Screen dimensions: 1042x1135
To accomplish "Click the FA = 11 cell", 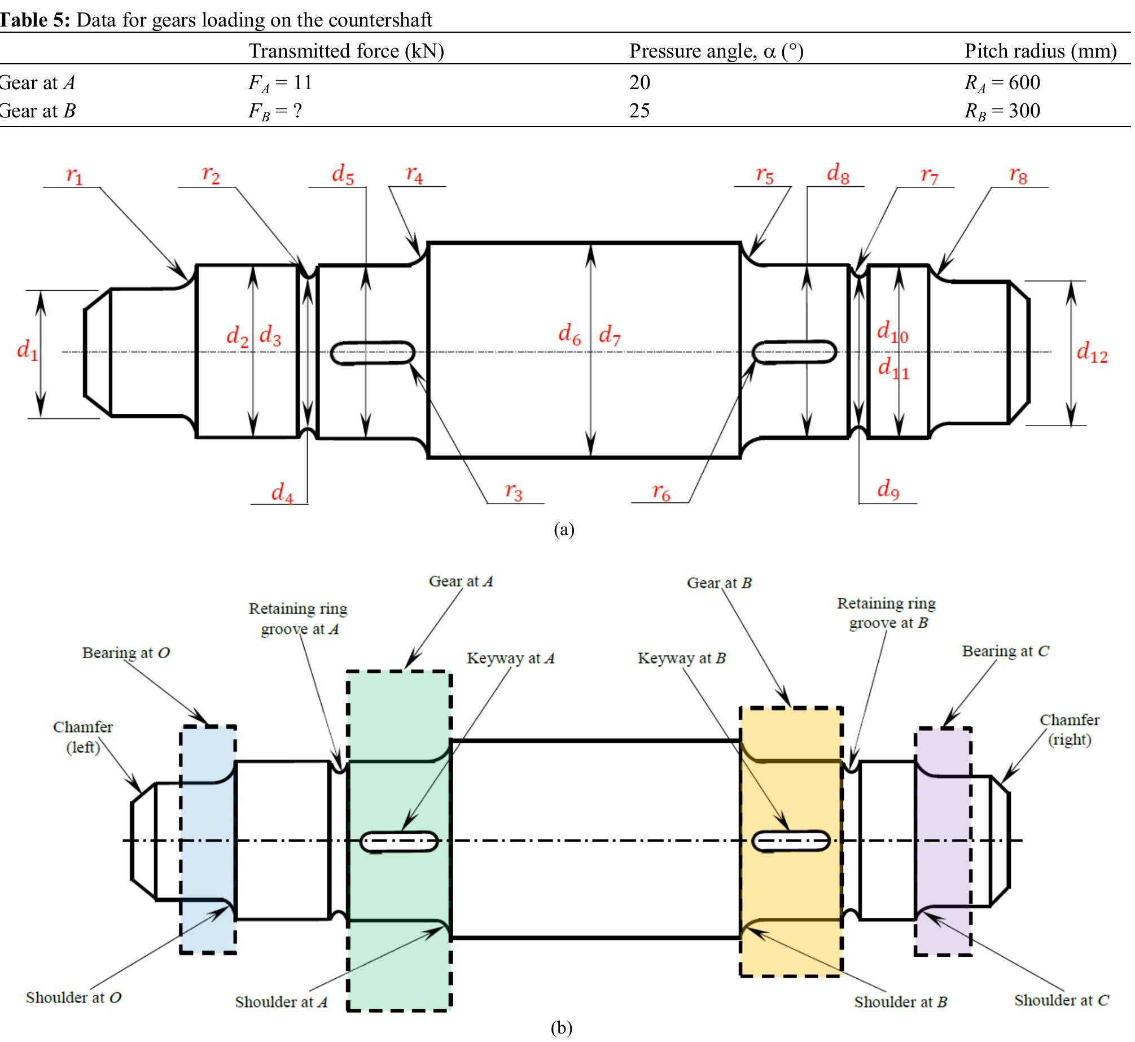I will pos(280,83).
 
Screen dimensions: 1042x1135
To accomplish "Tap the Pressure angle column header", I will pos(716,51).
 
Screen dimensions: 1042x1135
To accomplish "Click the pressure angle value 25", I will pos(639,111).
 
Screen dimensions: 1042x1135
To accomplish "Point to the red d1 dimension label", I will pos(28,351).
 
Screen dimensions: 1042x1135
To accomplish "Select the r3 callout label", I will pos(514,492).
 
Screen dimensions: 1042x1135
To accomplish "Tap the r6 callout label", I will pos(661,493).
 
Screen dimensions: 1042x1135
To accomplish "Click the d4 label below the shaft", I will pos(282,493).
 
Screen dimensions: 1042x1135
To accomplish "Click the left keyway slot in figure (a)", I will pos(372,353).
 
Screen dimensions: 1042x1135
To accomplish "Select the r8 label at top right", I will pos(1018,176).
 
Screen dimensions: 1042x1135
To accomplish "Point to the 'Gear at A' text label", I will pos(461,581).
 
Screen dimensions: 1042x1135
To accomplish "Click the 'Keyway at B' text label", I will pos(681,658).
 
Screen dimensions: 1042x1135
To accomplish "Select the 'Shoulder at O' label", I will pos(73,997).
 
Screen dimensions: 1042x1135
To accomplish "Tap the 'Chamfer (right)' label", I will pos(1069,730).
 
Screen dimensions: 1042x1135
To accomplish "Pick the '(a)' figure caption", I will pos(564,529).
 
